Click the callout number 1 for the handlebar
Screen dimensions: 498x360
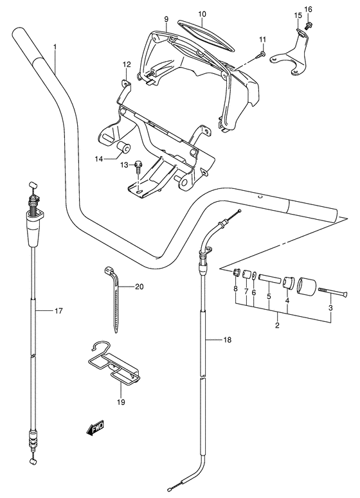point(55,47)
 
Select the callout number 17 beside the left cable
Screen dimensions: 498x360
point(58,311)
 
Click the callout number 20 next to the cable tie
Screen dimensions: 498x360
point(139,287)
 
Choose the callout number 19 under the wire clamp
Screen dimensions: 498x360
point(121,402)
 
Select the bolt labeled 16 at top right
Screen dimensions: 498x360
point(309,26)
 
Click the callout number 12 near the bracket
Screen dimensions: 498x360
point(127,64)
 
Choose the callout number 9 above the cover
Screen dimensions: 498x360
point(166,19)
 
